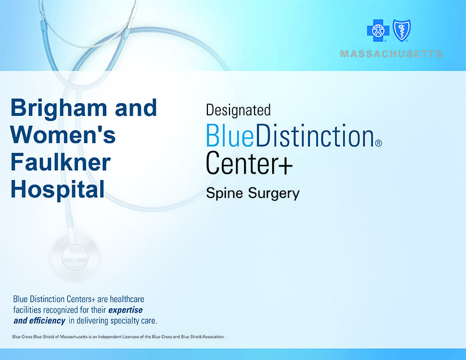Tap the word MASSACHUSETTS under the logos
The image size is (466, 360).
391,54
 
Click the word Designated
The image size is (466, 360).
238,110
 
